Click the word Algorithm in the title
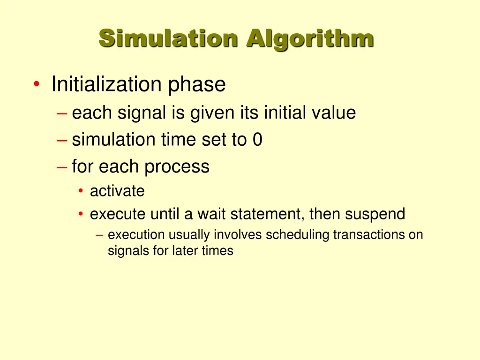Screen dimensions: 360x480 [x=310, y=38]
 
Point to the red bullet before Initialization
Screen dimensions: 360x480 [x=37, y=85]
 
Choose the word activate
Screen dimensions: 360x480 [x=117, y=191]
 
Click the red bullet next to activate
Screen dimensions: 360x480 [x=81, y=191]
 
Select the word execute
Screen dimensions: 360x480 [x=118, y=214]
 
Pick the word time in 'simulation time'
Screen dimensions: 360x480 [x=175, y=140]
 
